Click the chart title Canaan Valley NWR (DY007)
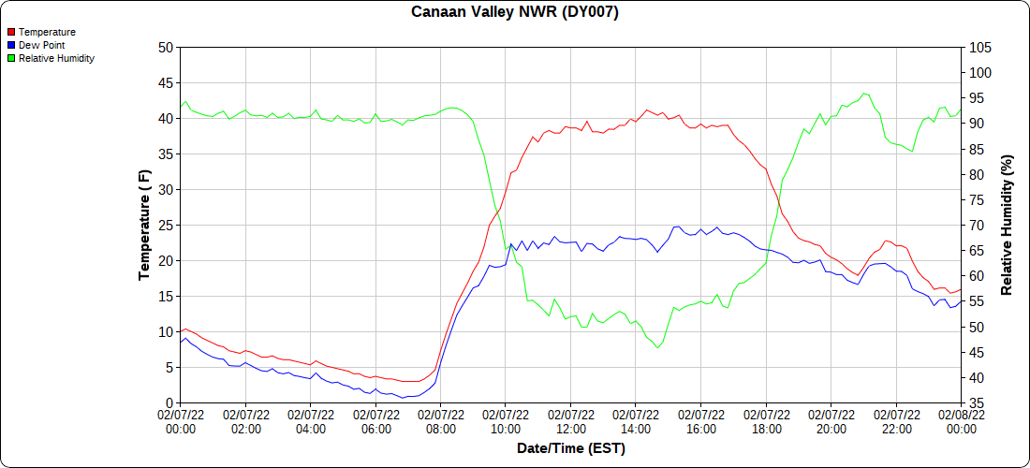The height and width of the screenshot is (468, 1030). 515,12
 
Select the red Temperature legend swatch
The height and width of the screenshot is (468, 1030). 11,32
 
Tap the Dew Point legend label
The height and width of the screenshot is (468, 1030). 41,45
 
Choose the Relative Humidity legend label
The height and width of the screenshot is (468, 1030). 56,58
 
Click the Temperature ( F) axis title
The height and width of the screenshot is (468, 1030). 144,225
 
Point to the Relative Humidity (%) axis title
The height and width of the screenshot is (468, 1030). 1008,225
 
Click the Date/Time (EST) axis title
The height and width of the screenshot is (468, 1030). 570,448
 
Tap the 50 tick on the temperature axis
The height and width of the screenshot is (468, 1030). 166,48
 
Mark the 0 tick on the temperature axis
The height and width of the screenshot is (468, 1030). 169,403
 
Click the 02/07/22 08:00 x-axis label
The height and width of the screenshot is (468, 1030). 440,421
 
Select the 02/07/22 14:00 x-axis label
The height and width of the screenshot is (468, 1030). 636,421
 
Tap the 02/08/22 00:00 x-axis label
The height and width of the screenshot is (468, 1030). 961,421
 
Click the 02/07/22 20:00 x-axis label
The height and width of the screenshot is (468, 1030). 831,421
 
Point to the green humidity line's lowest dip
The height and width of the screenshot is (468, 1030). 657,347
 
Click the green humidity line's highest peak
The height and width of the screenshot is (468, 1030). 864,94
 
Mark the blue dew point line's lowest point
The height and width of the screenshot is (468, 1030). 404,398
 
